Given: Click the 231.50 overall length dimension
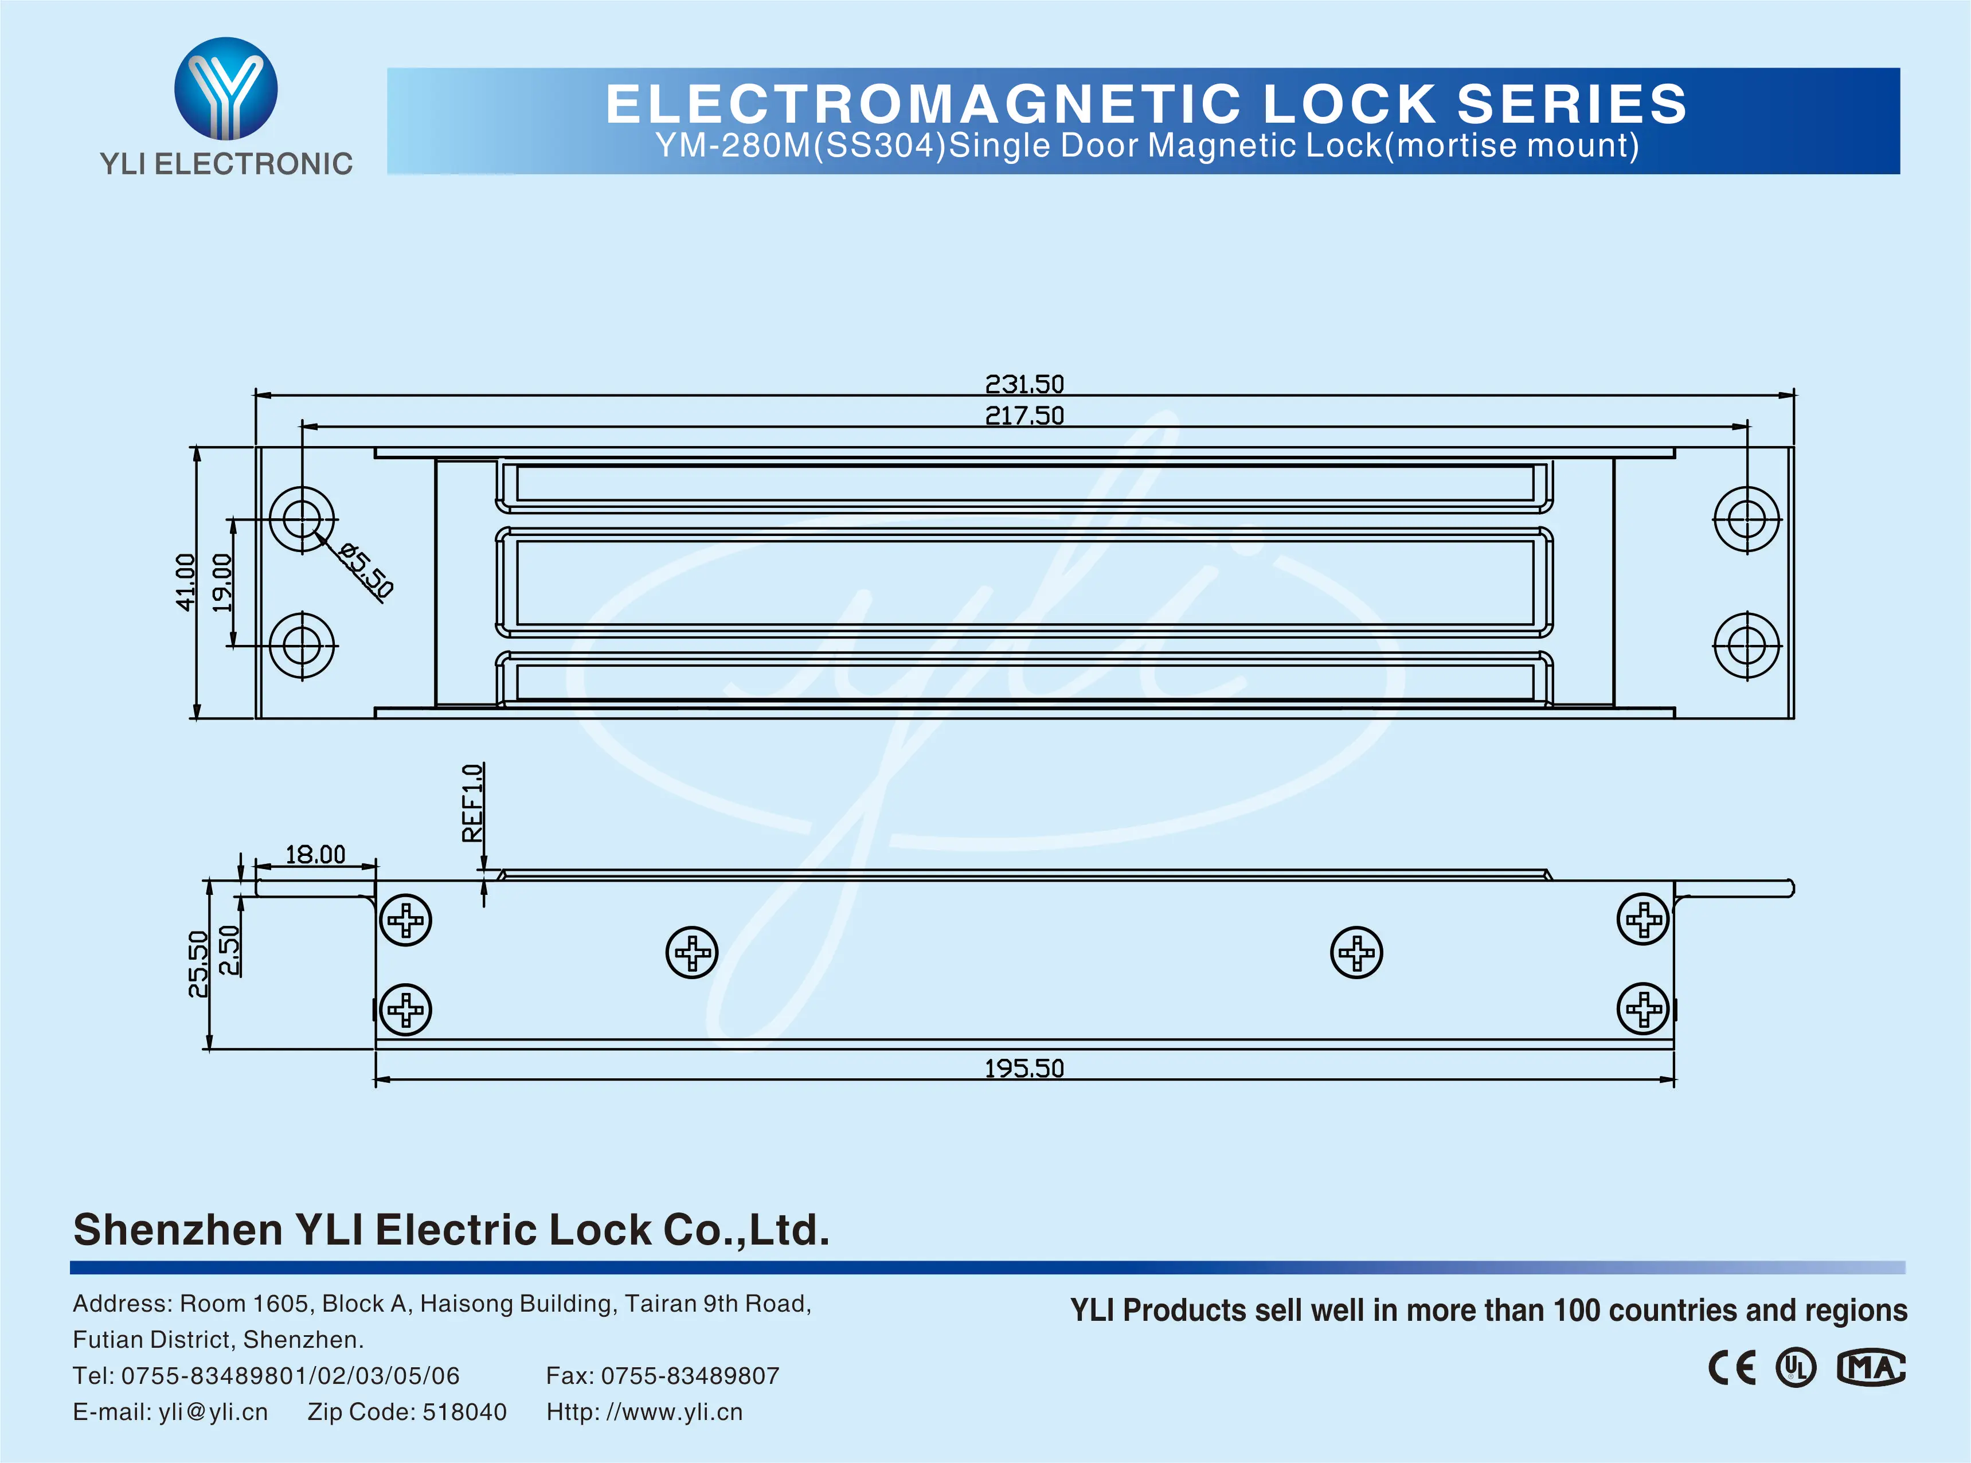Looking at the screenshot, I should (x=1024, y=384).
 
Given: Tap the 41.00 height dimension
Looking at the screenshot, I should (x=185, y=582).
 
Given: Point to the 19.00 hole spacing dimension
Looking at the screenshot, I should (x=222, y=582).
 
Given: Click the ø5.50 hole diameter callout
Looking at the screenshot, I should (x=366, y=571).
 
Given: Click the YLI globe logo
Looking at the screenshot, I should (x=226, y=88).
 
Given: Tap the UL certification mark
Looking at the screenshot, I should (x=1796, y=1368).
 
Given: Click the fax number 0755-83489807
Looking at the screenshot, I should (x=690, y=1375).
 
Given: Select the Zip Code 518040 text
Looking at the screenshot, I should (x=407, y=1411).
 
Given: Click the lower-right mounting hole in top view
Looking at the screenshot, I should (x=1746, y=645).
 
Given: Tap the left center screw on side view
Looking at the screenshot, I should (x=691, y=953).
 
